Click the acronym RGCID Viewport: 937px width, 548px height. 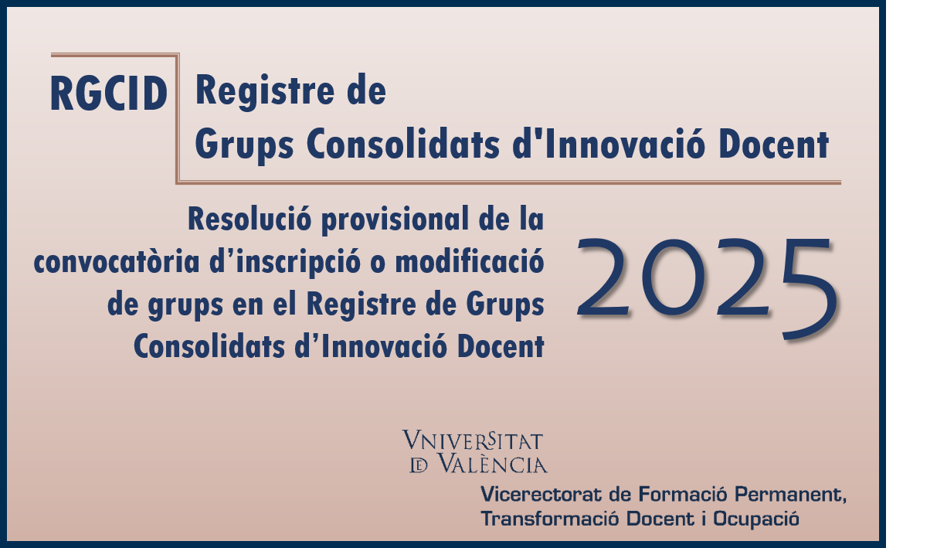pyautogui.click(x=109, y=94)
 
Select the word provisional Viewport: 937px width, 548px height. pyautogui.click(x=395, y=220)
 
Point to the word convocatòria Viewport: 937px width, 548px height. pyautogui.click(x=117, y=261)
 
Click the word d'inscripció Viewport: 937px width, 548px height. pyautogui.click(x=285, y=263)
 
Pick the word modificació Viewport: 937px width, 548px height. pyautogui.click(x=470, y=261)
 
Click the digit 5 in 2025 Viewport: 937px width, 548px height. pyautogui.click(x=809, y=289)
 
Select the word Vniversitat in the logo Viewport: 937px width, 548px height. pyautogui.click(x=473, y=441)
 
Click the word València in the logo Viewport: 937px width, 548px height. pyautogui.click(x=492, y=464)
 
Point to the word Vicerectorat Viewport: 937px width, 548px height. pyautogui.click(x=541, y=495)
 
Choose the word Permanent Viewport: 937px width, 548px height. pyautogui.click(x=790, y=495)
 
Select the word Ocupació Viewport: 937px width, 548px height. pyautogui.click(x=756, y=519)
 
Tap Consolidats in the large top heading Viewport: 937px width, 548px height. pyautogui.click(x=403, y=144)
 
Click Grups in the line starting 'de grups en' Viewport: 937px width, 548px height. pyautogui.click(x=505, y=305)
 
